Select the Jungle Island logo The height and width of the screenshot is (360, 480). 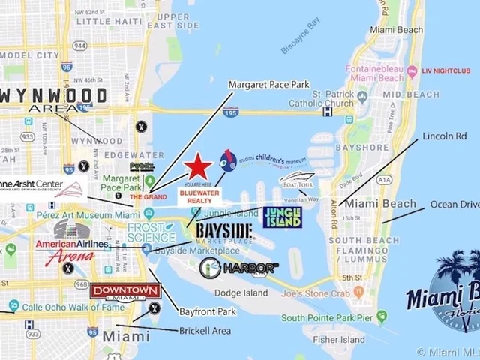[283, 217]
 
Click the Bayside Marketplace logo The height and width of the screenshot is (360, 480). [224, 231]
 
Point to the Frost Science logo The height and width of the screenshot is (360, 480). [151, 232]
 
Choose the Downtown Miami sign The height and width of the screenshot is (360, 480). [124, 291]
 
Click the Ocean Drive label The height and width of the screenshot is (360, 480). [454, 205]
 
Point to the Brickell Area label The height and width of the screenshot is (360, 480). [205, 331]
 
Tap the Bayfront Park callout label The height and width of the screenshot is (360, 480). [208, 310]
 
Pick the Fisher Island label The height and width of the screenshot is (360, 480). [339, 339]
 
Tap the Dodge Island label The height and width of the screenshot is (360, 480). [241, 292]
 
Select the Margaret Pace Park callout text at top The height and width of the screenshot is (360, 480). [269, 85]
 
